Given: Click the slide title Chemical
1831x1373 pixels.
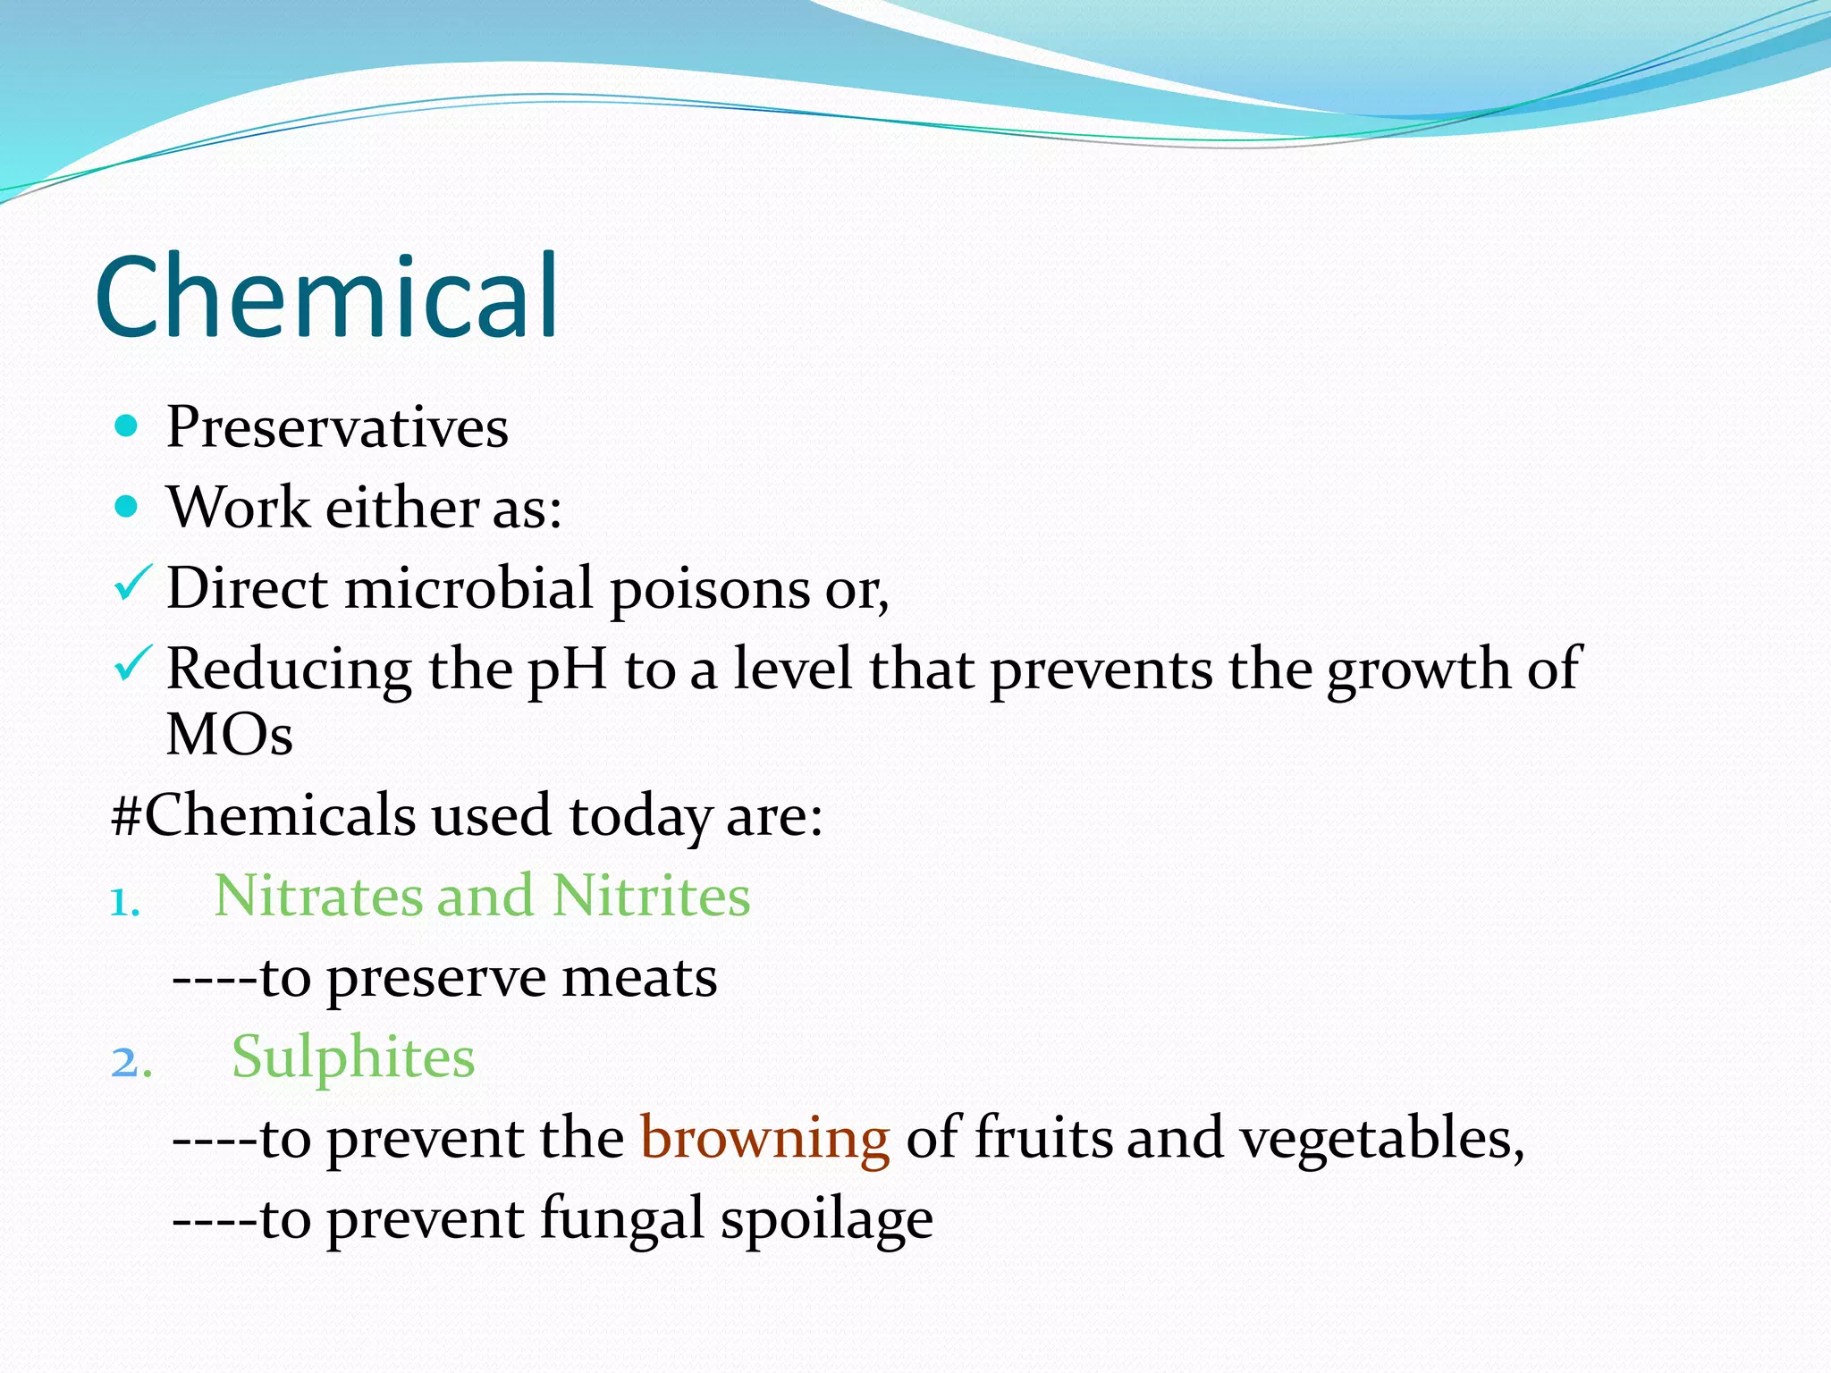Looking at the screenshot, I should [326, 297].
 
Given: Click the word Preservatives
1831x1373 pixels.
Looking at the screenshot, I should [337, 427].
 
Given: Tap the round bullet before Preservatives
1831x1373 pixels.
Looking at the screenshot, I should [127, 426].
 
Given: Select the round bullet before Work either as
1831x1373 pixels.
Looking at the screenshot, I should [127, 507].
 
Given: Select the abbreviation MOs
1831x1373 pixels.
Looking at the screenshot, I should [230, 736].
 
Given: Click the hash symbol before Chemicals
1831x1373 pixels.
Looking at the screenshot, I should [126, 815].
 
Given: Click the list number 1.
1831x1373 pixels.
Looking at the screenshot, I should [123, 902].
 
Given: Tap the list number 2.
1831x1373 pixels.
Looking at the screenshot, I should [131, 1063].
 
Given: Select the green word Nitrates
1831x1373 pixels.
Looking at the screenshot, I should [318, 896].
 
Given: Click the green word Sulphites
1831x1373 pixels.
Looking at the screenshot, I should [353, 1057].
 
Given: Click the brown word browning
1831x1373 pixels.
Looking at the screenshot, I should [765, 1139].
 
